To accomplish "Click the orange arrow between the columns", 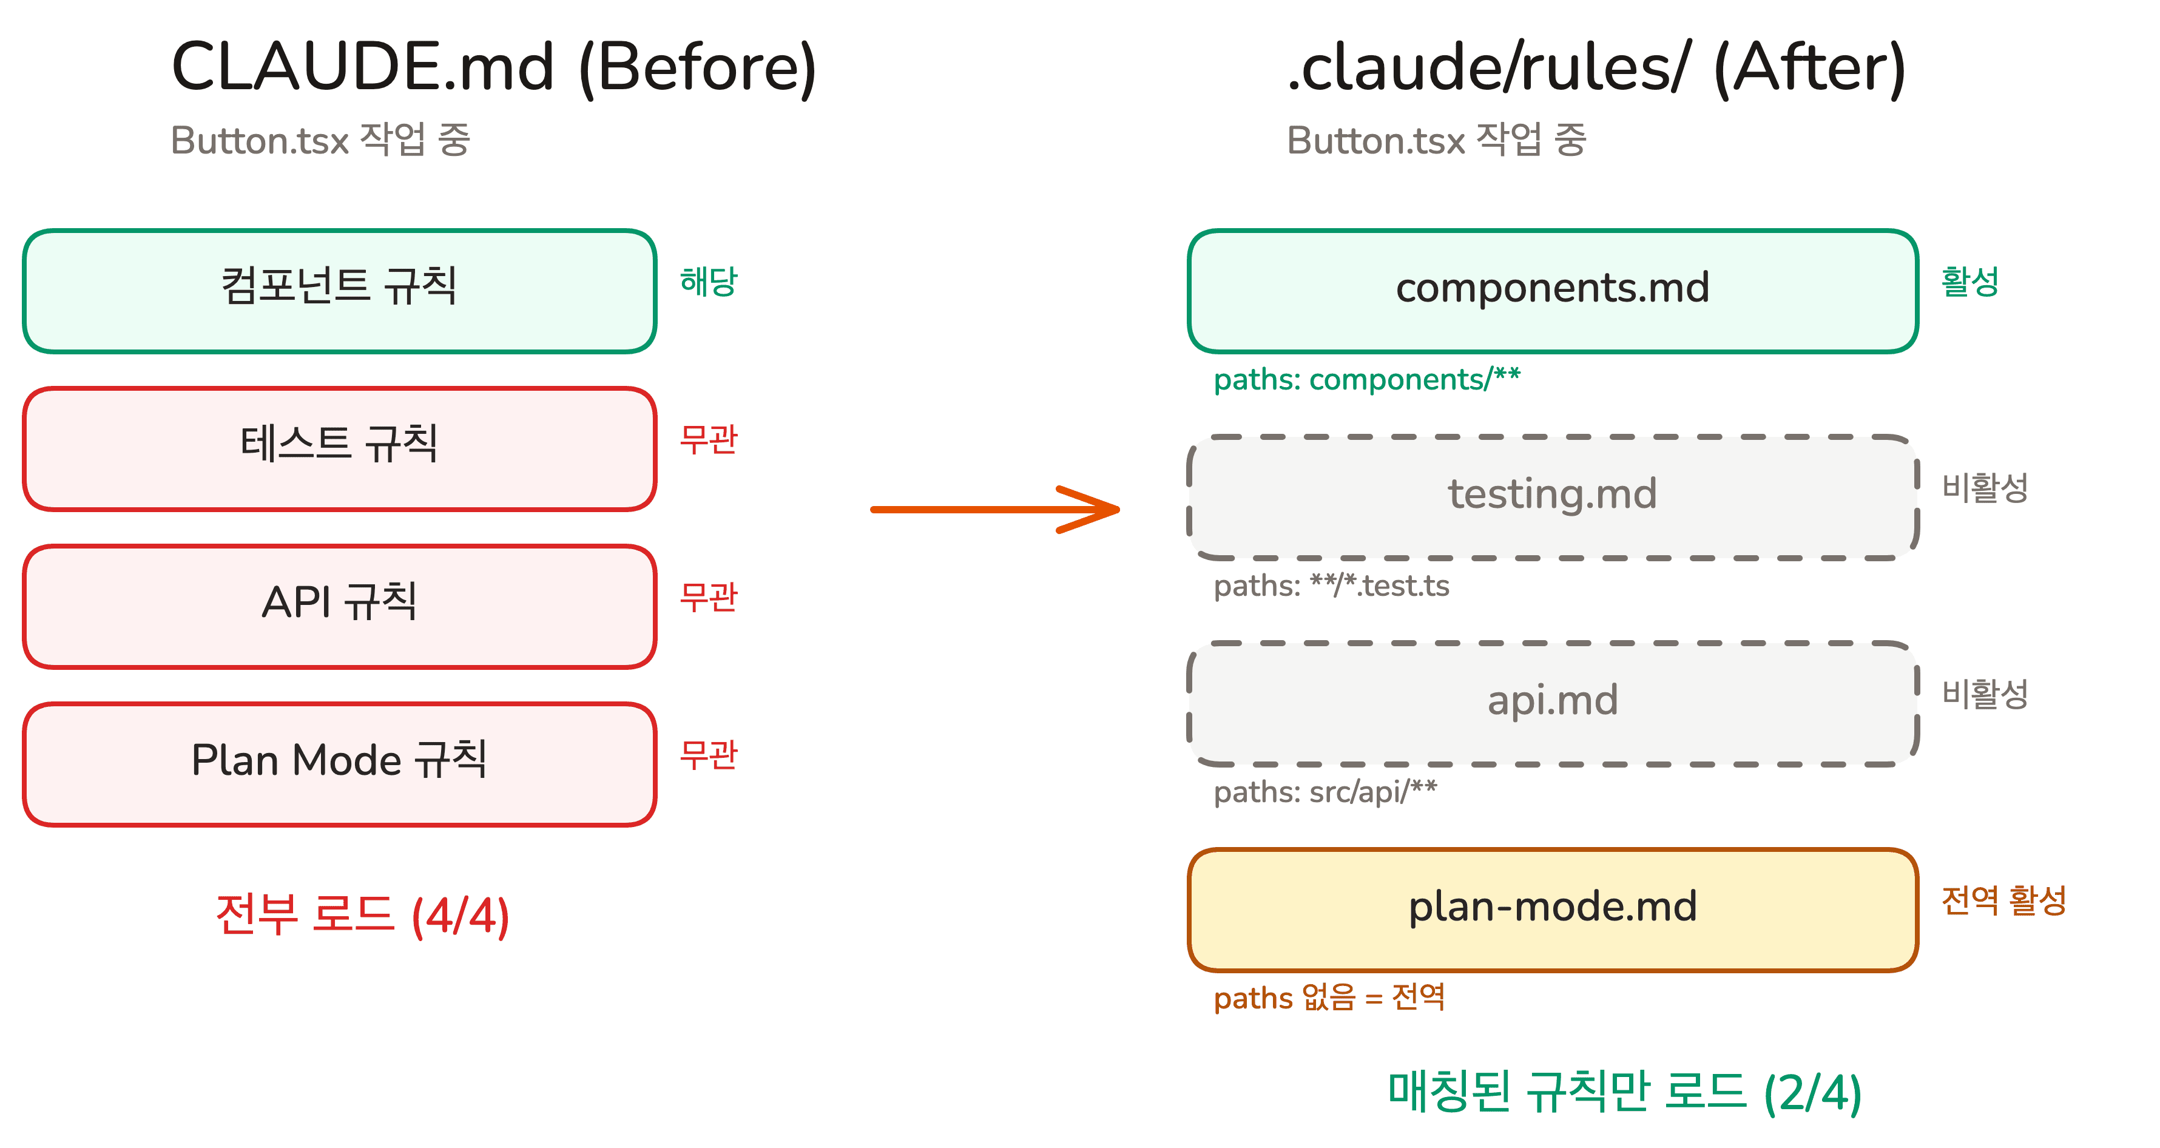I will (994, 509).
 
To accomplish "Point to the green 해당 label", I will (709, 282).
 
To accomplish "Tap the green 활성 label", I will (1969, 282).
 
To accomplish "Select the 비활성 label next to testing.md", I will (1985, 488).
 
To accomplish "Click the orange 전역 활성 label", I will (2003, 900).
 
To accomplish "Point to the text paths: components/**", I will (1367, 380).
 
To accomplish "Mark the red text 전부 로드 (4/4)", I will (362, 916).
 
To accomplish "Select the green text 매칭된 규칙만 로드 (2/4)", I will (1624, 1093).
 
